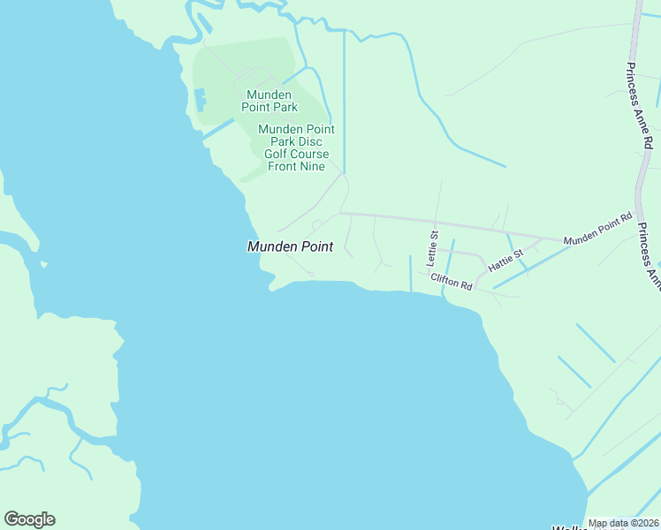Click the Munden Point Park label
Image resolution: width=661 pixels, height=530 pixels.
coord(272,101)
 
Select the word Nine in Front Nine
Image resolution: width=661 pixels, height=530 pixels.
coord(312,166)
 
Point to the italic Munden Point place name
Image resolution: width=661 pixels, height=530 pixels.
coord(290,247)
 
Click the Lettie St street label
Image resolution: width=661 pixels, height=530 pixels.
coord(433,248)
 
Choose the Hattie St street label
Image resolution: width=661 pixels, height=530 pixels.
coord(506,258)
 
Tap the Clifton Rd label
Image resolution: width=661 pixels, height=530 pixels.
coord(452,279)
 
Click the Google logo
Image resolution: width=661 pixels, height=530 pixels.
coord(29,519)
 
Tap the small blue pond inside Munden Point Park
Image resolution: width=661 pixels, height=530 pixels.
coord(201,99)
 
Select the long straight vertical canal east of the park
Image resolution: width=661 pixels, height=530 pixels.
coord(344,106)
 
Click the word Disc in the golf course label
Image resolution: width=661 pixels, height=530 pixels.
coord(308,141)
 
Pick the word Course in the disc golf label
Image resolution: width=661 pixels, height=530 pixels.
coord(310,154)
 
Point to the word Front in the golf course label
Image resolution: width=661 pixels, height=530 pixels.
coord(283,166)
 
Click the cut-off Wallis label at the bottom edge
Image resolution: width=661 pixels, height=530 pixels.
coord(569,526)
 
